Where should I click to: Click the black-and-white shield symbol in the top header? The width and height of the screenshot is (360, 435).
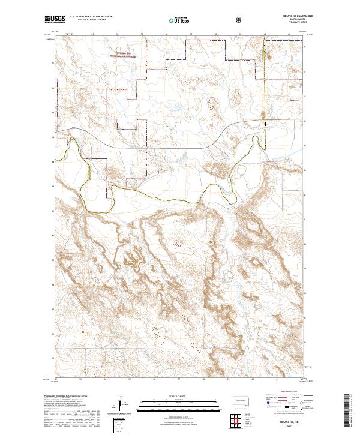[239, 20]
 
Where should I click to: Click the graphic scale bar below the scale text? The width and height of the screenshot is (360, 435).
[180, 404]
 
